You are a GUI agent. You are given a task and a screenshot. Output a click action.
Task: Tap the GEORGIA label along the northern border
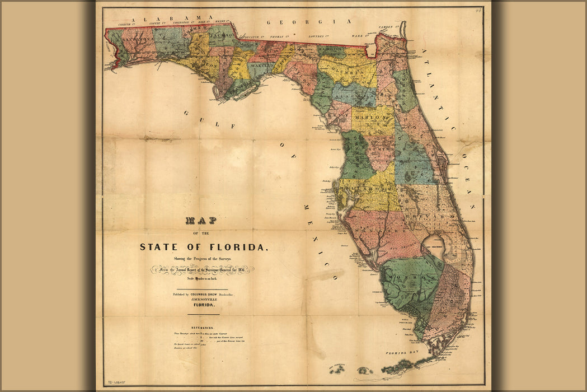point(308,22)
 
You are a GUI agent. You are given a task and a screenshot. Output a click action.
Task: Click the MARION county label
point(371,119)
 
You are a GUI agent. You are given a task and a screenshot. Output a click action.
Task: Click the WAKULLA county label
point(261,67)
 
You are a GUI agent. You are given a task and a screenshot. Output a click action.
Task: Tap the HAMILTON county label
point(331,50)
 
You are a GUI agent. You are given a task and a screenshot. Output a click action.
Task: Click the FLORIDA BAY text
point(403,354)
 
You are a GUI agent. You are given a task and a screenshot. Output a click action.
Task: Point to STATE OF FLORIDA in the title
point(204,247)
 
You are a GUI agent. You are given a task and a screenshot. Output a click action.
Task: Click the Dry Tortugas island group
point(339,368)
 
